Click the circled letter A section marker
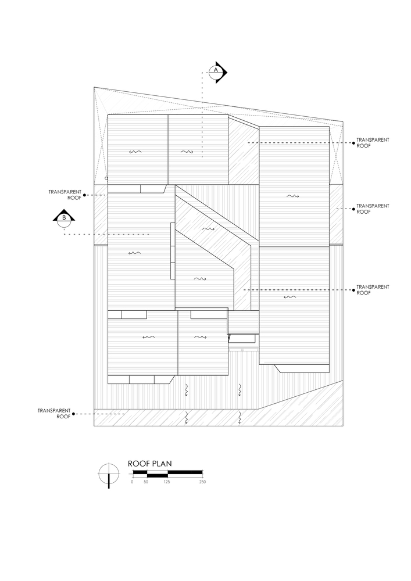click(216, 70)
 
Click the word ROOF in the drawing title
click(139, 464)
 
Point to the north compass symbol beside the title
click(108, 474)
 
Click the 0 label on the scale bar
click(132, 482)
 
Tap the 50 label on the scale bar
click(146, 482)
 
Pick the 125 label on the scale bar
click(167, 482)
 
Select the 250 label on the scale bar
click(202, 482)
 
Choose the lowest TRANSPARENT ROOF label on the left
click(53, 414)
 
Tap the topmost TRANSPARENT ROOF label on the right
click(372, 143)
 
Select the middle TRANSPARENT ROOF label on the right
click(372, 209)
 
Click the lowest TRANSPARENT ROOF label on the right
click(372, 290)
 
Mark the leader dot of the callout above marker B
click(85, 195)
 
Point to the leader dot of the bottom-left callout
click(75, 414)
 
